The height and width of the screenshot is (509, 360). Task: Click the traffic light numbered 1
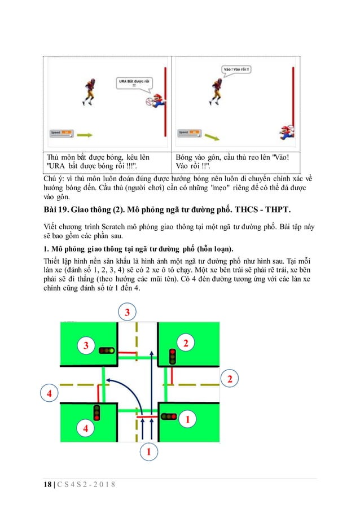click(x=168, y=416)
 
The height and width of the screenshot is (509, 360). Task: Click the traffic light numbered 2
click(x=173, y=356)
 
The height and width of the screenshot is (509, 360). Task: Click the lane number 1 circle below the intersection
click(x=148, y=451)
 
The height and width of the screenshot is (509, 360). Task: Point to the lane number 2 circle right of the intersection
click(x=230, y=379)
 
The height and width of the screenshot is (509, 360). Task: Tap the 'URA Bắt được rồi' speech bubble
click(x=130, y=83)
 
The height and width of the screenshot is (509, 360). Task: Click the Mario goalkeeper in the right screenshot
click(x=286, y=132)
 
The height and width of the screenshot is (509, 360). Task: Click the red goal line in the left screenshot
click(x=165, y=104)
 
